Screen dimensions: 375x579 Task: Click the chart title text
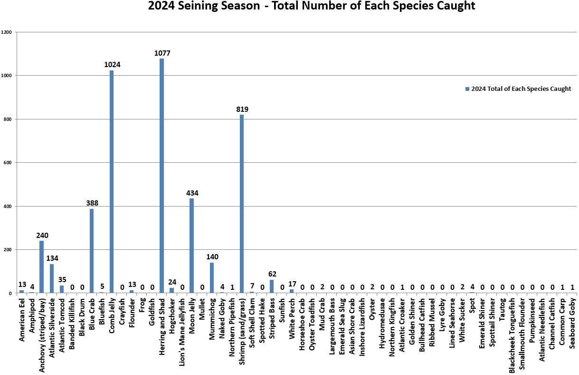point(312,6)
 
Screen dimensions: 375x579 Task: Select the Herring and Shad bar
point(161,176)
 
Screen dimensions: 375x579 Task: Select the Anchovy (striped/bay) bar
point(41,267)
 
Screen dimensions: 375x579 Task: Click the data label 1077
point(162,53)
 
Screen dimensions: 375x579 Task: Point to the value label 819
point(242,109)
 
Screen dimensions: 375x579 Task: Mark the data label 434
point(192,193)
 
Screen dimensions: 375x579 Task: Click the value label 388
point(92,203)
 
